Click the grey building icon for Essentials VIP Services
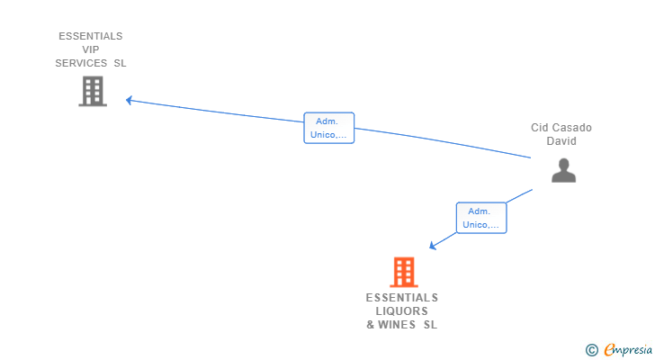tap(92, 91)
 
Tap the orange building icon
tap(404, 272)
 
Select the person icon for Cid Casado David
tap(563, 170)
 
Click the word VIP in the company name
tap(90, 49)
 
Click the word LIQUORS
tap(401, 311)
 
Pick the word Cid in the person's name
tap(539, 128)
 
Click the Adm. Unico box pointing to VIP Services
tap(328, 128)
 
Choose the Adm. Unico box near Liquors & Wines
tap(481, 218)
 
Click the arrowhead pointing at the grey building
tap(130, 100)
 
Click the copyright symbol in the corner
tap(591, 349)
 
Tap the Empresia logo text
tap(626, 349)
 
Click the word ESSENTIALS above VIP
tap(90, 36)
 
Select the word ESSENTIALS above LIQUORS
tap(401, 298)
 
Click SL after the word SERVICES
tap(120, 63)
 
